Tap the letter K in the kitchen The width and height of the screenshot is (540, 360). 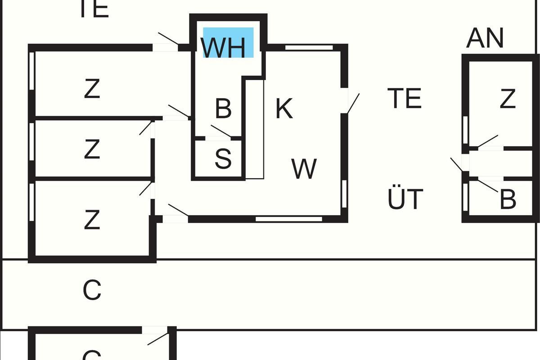click(x=284, y=108)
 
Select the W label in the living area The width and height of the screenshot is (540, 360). click(x=304, y=169)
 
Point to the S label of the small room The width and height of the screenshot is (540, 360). click(x=223, y=158)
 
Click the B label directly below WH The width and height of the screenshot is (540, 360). click(x=223, y=108)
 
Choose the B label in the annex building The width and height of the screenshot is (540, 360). click(x=508, y=199)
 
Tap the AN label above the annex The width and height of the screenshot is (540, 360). click(x=485, y=38)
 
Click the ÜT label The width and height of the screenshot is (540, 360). click(x=405, y=199)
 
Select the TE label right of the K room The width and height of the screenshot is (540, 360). click(x=405, y=98)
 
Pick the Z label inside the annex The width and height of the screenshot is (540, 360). click(x=508, y=99)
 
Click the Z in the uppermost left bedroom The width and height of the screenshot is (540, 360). click(x=92, y=89)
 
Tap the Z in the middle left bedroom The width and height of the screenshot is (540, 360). click(x=92, y=149)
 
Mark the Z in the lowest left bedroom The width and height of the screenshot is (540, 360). click(x=92, y=220)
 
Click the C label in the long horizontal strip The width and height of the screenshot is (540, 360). click(x=92, y=290)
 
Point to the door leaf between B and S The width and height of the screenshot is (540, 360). click(x=220, y=131)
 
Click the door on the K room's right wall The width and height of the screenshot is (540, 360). click(x=352, y=103)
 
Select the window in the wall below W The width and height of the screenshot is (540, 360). click(x=289, y=219)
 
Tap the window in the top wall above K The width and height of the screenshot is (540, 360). click(x=309, y=46)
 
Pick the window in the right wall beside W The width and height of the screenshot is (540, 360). click(x=345, y=194)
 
